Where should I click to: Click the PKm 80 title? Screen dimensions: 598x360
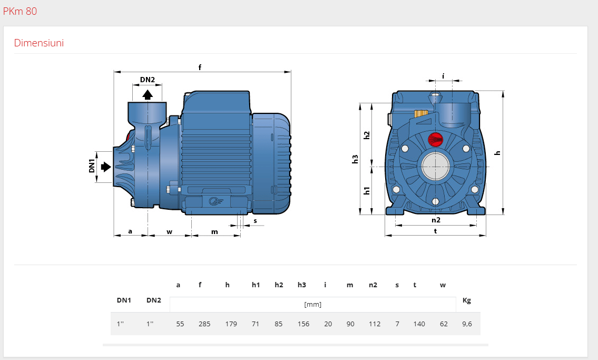pyautogui.click(x=20, y=12)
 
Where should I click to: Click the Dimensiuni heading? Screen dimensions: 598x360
pyautogui.click(x=39, y=43)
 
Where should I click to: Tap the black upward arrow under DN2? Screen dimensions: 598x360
pyautogui.click(x=148, y=94)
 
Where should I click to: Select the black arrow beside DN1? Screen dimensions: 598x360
pyautogui.click(x=106, y=167)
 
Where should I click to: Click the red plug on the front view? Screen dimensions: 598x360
pyautogui.click(x=435, y=139)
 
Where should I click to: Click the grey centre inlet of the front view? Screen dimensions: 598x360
pyautogui.click(x=436, y=166)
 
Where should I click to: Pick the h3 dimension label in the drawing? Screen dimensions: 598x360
pyautogui.click(x=355, y=159)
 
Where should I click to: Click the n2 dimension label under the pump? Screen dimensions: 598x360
pyautogui.click(x=436, y=220)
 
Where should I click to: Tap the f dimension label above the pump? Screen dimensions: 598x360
pyautogui.click(x=200, y=67)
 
